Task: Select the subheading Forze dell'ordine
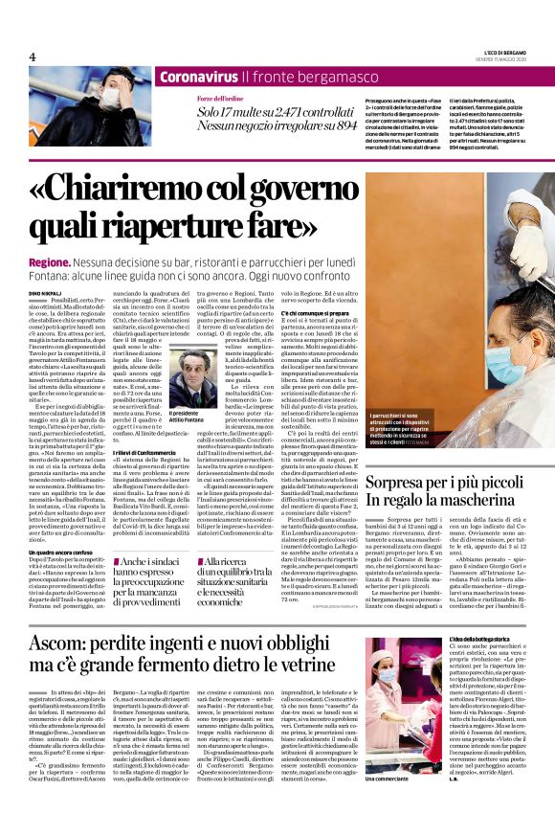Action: [x=219, y=99]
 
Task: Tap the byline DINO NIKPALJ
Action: [x=47, y=291]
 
